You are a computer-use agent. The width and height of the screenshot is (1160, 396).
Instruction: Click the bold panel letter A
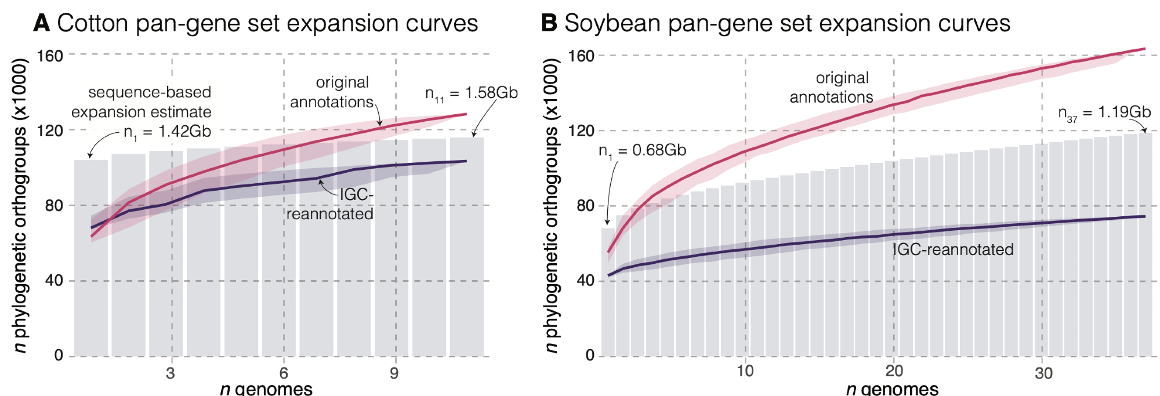(42, 24)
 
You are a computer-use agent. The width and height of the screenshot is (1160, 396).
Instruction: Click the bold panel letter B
(549, 24)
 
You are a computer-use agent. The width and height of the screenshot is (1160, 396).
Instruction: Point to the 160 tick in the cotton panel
(50, 56)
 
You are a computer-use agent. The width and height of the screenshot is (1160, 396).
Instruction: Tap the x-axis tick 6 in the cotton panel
(284, 373)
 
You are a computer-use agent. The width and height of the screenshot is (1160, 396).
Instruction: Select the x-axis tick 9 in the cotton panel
(395, 373)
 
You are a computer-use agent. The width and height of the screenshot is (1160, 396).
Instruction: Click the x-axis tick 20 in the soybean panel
(894, 371)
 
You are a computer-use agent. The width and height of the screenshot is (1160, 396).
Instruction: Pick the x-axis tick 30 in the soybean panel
(1043, 373)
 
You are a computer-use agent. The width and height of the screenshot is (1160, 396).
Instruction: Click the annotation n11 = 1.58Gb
(471, 93)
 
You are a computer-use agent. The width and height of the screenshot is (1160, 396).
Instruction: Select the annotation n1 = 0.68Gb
(642, 151)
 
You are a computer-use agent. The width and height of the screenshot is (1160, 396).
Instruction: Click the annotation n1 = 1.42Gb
(167, 132)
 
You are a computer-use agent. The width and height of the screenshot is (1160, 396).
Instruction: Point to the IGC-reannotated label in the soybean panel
(953, 249)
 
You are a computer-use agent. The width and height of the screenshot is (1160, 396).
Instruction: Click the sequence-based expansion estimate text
(142, 102)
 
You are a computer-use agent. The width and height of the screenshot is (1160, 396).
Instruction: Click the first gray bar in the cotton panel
(91, 258)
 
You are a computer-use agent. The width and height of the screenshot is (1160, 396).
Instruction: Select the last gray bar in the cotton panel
(467, 246)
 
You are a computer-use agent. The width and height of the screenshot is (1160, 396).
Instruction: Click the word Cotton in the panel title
(92, 24)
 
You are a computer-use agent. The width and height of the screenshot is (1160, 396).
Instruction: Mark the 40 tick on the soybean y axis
(586, 281)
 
